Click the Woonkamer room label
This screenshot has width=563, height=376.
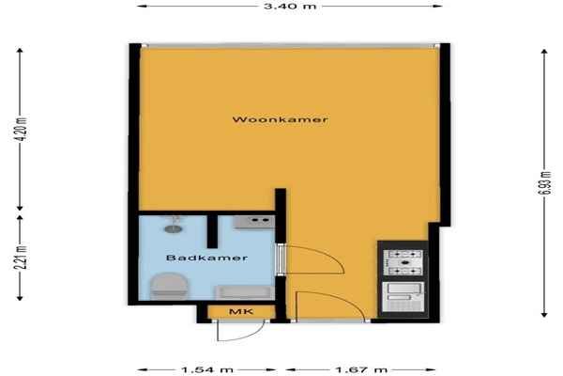[x=280, y=119]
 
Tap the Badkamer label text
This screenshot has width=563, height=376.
[x=206, y=258]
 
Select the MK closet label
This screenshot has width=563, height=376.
[x=241, y=311]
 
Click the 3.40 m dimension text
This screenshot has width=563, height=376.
[x=290, y=6]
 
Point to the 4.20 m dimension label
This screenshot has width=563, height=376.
[x=23, y=130]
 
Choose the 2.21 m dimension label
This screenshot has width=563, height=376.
[x=23, y=258]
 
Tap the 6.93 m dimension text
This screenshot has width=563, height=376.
[x=544, y=182]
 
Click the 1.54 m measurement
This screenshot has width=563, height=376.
[x=207, y=369]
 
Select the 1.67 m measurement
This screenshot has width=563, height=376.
[x=361, y=369]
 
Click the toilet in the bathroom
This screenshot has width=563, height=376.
[x=170, y=286]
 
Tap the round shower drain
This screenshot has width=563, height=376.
[x=170, y=228]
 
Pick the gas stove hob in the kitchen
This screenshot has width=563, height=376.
[x=403, y=262]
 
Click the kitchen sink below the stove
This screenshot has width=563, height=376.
[x=403, y=297]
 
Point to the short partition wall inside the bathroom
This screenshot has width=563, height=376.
[x=213, y=231]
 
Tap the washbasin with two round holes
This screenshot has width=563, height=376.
[x=255, y=222]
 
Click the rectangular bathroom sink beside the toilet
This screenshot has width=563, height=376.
[x=245, y=292]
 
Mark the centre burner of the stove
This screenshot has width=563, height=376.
[x=404, y=262]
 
